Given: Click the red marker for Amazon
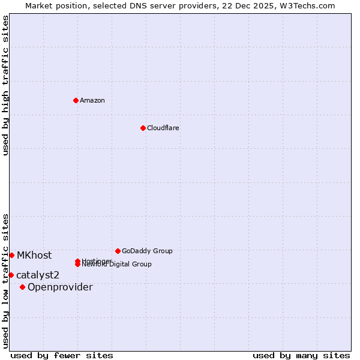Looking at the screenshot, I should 76,100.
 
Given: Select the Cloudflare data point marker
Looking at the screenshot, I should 143,128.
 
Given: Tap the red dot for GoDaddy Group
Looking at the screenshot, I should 118,251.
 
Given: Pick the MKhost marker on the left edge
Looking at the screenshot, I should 11,255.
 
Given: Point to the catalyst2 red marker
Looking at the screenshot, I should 11,275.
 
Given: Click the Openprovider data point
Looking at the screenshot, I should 22,287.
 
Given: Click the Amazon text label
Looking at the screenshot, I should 92,100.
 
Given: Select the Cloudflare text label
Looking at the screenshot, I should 163,128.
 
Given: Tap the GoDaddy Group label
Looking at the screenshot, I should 147,251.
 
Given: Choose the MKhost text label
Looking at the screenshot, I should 34,255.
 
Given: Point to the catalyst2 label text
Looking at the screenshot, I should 38,275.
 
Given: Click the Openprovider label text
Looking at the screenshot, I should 60,287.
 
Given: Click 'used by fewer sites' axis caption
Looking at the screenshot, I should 62,355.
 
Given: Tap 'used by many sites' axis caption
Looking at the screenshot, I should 301,355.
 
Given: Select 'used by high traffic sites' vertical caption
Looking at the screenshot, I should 6,85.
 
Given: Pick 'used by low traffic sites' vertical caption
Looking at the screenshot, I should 6,280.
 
